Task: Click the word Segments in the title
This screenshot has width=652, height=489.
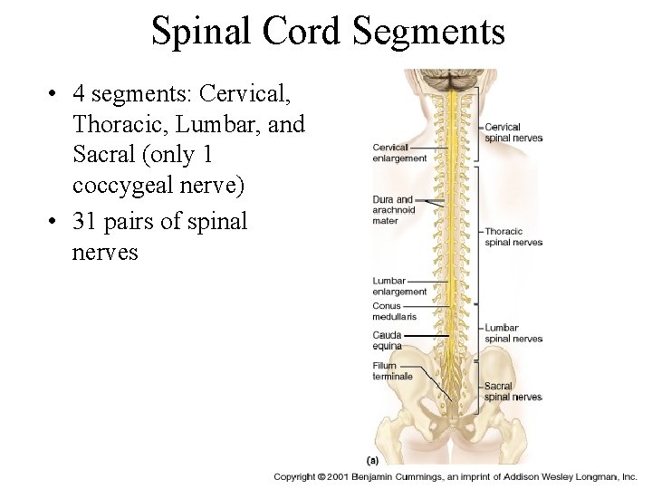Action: (x=429, y=32)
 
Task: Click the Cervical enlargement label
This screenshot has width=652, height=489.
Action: (x=399, y=152)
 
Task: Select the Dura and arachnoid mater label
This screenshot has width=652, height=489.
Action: (x=393, y=209)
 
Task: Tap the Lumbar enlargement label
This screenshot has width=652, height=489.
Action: (x=399, y=286)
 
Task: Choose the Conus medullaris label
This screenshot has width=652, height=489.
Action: (x=394, y=312)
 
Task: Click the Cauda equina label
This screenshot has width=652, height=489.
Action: (x=387, y=340)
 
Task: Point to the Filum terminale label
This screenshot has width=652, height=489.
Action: (x=392, y=371)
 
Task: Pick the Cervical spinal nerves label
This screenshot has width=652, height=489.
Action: (x=513, y=132)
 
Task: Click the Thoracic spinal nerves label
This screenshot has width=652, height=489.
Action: (x=513, y=236)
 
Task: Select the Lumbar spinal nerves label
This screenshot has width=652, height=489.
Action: (x=513, y=333)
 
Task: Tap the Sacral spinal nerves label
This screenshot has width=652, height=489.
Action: (x=513, y=391)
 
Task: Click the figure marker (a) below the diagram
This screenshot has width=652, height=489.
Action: (x=371, y=459)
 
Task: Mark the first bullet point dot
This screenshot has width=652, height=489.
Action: (x=55, y=94)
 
